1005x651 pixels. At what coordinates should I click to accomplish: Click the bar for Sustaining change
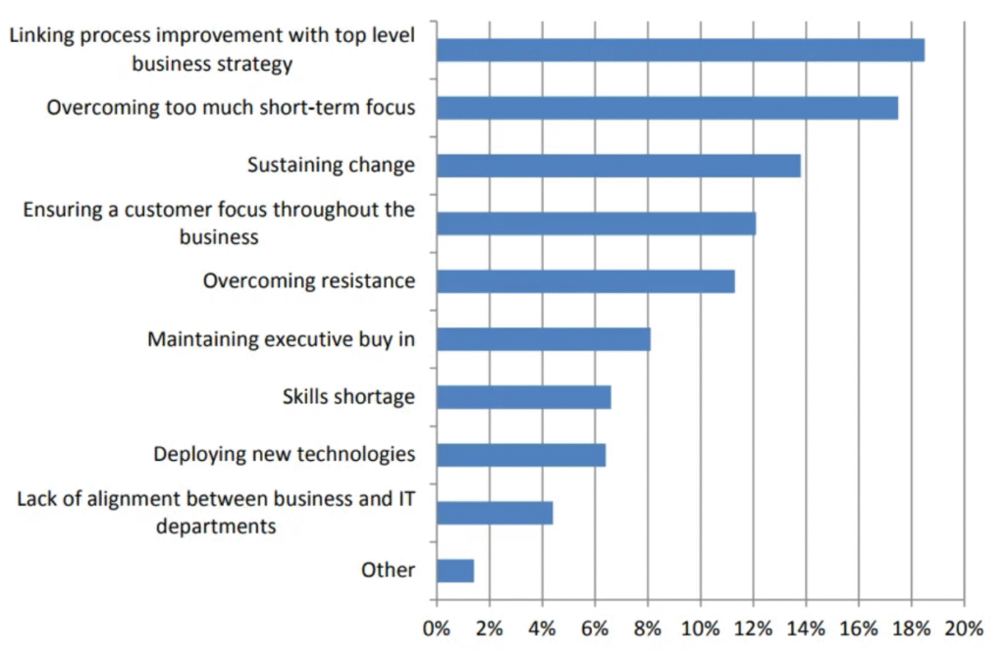point(618,166)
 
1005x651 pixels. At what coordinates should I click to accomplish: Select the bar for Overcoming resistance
point(585,281)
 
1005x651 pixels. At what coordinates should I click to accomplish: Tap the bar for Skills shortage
point(523,397)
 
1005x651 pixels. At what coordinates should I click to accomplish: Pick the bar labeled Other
point(455,571)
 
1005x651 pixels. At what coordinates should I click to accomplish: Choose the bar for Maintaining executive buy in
point(543,339)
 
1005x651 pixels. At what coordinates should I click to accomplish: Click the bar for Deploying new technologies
point(520,455)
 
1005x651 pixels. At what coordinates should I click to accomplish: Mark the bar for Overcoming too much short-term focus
point(666,108)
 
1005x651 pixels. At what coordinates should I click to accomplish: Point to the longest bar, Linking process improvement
point(680,50)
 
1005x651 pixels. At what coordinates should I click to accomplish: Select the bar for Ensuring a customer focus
point(596,224)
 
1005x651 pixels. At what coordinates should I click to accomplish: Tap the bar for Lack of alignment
point(495,513)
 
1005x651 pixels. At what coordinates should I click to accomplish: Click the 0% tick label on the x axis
point(437,627)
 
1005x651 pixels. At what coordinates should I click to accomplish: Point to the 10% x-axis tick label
point(700,627)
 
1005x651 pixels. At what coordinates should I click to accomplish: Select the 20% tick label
point(964,627)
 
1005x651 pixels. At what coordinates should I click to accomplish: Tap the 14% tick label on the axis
point(806,627)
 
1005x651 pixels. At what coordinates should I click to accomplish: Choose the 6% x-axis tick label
point(595,627)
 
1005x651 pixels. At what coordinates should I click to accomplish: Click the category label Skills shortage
point(348,397)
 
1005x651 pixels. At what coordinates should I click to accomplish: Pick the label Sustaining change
point(331,165)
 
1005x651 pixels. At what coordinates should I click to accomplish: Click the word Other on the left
point(388,570)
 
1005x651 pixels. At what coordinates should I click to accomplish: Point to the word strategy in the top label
point(253,65)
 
